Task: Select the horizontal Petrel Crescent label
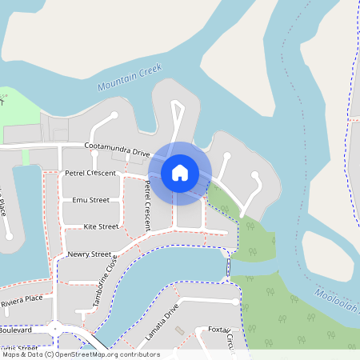[x=90, y=173]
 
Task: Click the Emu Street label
[x=90, y=200]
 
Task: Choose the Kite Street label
[x=101, y=226]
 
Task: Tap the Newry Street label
[x=89, y=254]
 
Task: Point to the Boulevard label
[x=16, y=330]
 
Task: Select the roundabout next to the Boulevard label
[x=55, y=329]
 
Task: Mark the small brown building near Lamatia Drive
[x=180, y=330]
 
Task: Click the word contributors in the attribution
[x=139, y=354]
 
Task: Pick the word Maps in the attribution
[x=12, y=354]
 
